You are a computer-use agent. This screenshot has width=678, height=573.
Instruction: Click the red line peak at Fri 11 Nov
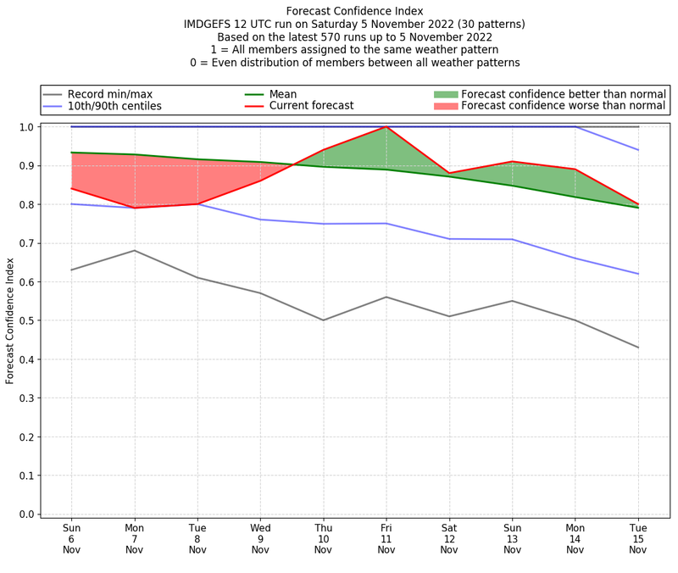click(386, 127)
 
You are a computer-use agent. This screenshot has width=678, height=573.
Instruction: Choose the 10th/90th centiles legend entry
click(114, 106)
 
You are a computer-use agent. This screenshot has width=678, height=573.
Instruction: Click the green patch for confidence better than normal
click(446, 93)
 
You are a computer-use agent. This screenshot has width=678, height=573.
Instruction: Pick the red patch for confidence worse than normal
click(446, 106)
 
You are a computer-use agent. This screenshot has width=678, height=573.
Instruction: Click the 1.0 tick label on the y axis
click(25, 127)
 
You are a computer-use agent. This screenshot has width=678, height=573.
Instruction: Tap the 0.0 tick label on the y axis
click(25, 514)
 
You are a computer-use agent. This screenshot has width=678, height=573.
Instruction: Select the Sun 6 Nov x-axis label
click(71, 538)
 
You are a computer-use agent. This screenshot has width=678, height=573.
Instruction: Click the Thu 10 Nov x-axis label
click(323, 538)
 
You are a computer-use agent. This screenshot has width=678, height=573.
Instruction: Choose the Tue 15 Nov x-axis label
click(637, 538)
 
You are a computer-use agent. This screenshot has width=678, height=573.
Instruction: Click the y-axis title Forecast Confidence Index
click(10, 320)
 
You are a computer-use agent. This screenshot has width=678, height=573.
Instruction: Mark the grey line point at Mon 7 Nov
click(134, 250)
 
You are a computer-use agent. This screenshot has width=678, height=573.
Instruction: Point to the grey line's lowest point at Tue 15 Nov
click(637, 348)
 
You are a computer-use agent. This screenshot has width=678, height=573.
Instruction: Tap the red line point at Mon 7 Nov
click(134, 208)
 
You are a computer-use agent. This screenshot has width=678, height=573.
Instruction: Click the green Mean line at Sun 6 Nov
click(71, 153)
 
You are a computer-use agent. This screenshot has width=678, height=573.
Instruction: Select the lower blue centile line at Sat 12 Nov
click(449, 239)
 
